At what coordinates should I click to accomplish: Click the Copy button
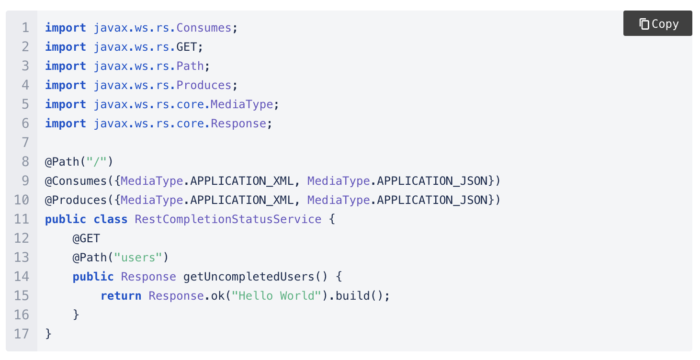click(x=658, y=24)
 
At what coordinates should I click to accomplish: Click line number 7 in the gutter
click(x=25, y=143)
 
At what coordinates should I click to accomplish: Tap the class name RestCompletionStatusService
click(x=228, y=219)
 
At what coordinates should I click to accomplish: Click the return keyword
click(x=121, y=296)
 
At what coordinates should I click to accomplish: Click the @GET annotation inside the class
click(x=86, y=238)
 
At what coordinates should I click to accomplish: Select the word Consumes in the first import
click(x=204, y=28)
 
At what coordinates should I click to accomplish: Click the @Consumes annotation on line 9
click(x=76, y=181)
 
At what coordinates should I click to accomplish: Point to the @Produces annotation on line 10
click(x=76, y=200)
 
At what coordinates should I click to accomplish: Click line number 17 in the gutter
click(x=22, y=334)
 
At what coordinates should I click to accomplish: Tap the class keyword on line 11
click(x=111, y=219)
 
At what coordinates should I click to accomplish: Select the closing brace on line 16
click(x=76, y=315)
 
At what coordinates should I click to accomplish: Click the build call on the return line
click(x=352, y=296)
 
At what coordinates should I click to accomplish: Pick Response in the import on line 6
click(x=238, y=124)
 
